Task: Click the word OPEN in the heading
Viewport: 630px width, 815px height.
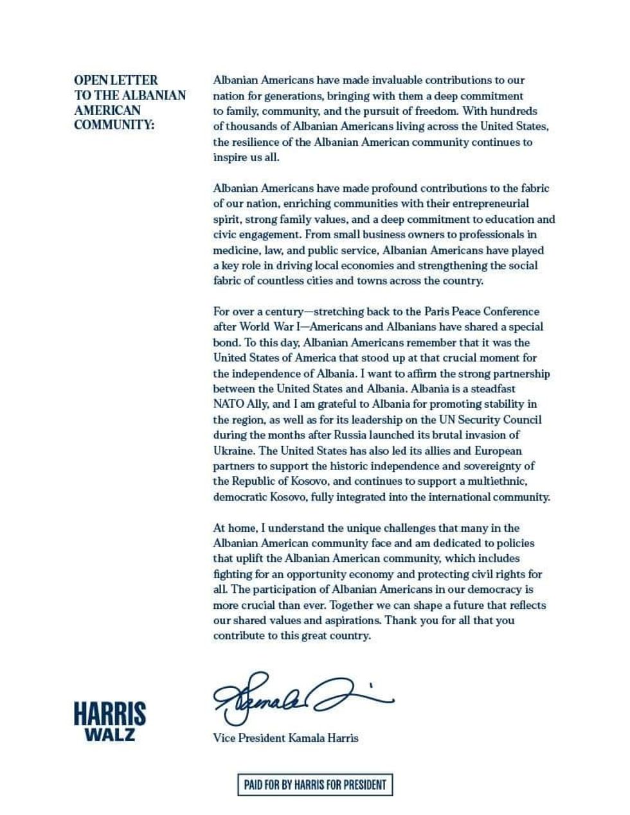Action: click(x=90, y=80)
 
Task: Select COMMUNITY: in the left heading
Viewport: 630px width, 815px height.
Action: click(x=114, y=125)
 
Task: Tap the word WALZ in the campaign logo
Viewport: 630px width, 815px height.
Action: click(x=110, y=735)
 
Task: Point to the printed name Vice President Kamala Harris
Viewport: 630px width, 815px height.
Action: click(x=285, y=738)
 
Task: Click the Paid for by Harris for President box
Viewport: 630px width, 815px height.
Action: click(x=315, y=785)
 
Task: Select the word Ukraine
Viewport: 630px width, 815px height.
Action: click(x=233, y=450)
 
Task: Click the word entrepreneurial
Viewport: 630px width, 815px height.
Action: click(x=489, y=204)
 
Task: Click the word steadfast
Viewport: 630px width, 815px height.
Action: click(x=493, y=389)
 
